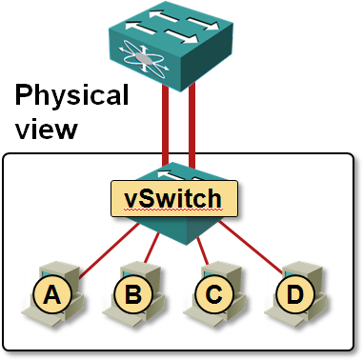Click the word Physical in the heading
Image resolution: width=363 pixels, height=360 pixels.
tap(71, 95)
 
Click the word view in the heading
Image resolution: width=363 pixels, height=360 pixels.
tap(46, 127)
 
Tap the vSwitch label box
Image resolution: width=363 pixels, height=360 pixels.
tap(173, 198)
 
